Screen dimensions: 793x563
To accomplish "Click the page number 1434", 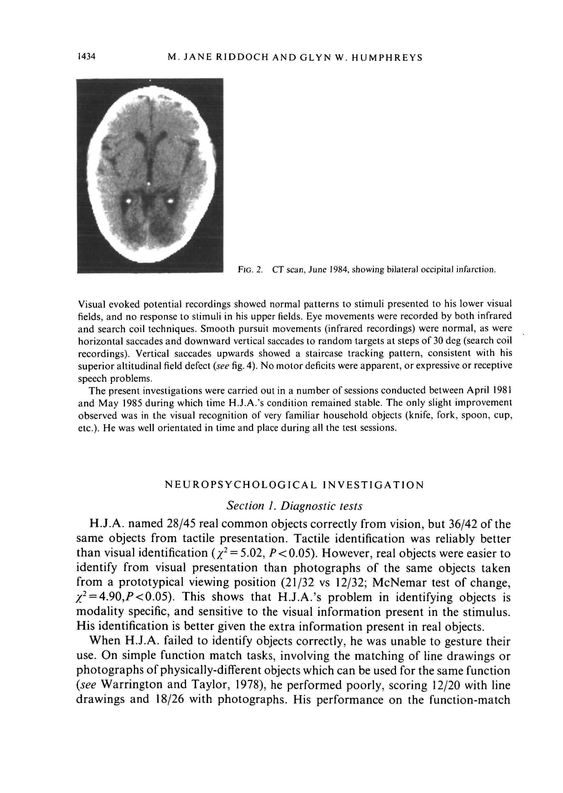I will tap(86, 56).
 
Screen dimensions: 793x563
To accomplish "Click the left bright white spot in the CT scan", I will tap(128, 201).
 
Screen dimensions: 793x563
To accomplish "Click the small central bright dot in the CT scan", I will tap(148, 184).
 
